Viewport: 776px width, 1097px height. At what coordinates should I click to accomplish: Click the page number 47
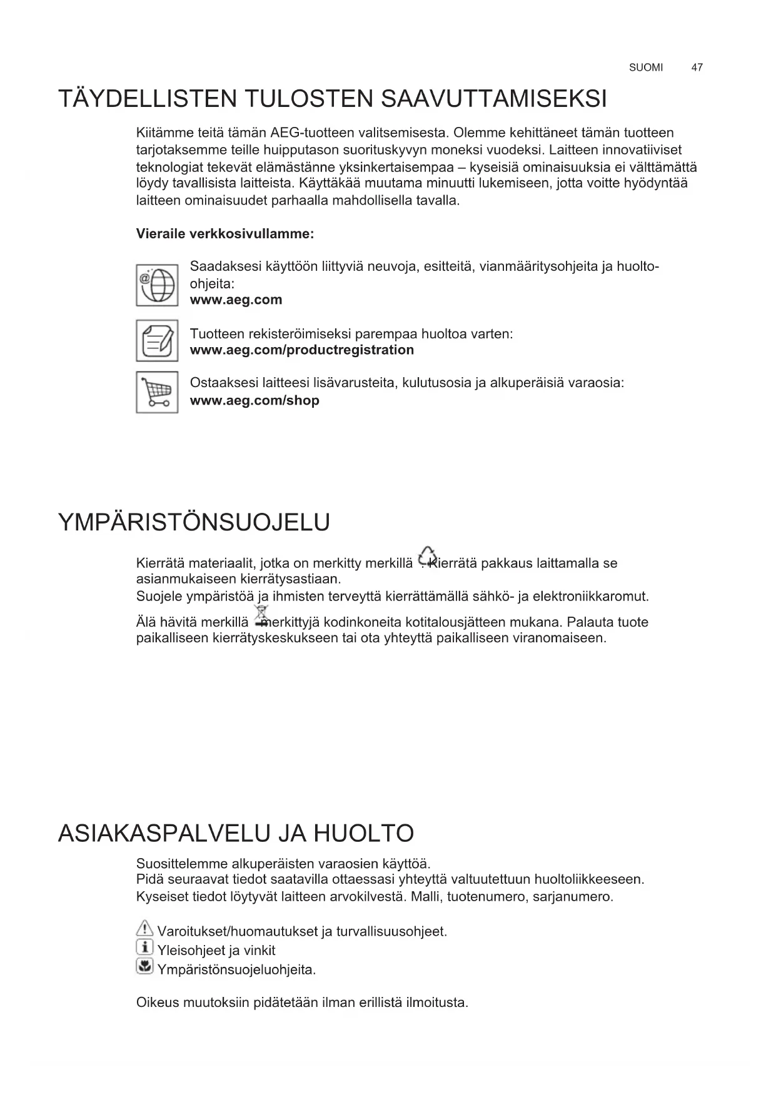(697, 68)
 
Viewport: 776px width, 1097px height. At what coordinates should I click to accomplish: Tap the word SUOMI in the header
(646, 68)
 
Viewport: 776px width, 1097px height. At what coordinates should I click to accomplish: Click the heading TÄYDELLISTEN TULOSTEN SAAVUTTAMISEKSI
(332, 99)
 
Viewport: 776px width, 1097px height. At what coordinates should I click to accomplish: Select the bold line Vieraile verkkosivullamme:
(225, 235)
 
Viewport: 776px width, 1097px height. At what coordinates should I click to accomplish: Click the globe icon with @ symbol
(157, 285)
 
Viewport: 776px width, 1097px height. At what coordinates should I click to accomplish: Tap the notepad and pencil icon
(157, 341)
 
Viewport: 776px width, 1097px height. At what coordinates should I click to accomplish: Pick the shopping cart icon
(157, 392)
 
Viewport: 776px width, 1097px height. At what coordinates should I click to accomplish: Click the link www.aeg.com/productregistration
(301, 350)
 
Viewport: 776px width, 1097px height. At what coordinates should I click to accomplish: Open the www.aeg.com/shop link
(254, 401)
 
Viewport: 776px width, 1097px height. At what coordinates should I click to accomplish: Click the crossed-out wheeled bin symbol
(261, 615)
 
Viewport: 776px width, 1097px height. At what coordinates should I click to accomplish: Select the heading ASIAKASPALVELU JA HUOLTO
(236, 834)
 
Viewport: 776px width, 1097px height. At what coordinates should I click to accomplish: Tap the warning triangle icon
(144, 929)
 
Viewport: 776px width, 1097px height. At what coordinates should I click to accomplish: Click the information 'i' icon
(144, 948)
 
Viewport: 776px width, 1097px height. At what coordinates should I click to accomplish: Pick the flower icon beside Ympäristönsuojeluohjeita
(144, 968)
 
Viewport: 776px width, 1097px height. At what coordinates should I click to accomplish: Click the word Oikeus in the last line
(157, 1003)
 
